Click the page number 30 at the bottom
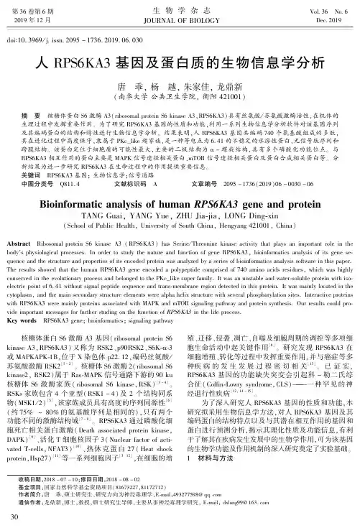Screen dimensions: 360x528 [25, 516]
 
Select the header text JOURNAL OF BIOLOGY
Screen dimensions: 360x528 [180, 21]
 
